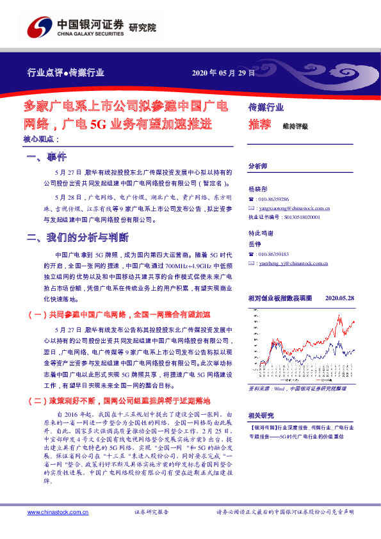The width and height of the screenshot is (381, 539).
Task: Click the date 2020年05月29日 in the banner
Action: [223, 72]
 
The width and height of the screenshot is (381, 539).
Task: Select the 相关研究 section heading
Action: [261, 414]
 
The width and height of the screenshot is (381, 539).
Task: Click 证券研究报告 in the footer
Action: [151, 513]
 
